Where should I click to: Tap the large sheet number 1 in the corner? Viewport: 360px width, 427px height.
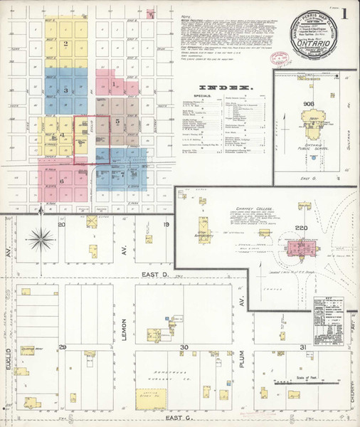pyautogui.click(x=344, y=13)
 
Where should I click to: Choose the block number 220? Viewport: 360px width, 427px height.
pyautogui.click(x=297, y=228)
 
